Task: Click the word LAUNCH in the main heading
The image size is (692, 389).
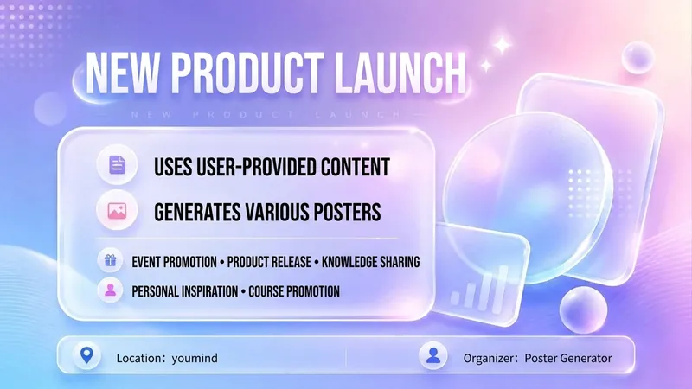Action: pyautogui.click(x=400, y=73)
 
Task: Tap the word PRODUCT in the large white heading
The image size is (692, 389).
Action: pyautogui.click(x=247, y=73)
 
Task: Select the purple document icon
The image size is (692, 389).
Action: pyautogui.click(x=118, y=165)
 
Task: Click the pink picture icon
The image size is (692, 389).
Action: pyautogui.click(x=117, y=211)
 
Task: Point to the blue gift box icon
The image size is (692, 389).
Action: pyautogui.click(x=111, y=261)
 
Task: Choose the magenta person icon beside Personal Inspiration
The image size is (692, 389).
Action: pyautogui.click(x=111, y=290)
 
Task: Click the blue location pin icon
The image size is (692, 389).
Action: pyautogui.click(x=87, y=355)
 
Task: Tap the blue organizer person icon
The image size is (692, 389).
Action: pyautogui.click(x=433, y=355)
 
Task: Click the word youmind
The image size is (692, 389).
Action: pyautogui.click(x=195, y=358)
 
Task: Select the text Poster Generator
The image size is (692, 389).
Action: pyautogui.click(x=568, y=358)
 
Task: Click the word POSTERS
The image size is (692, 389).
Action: pyautogui.click(x=347, y=212)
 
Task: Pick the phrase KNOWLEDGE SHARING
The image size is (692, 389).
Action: pyautogui.click(x=371, y=262)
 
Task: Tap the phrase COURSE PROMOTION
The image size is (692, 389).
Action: pyautogui.click(x=294, y=291)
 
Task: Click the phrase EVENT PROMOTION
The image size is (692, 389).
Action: pyautogui.click(x=175, y=262)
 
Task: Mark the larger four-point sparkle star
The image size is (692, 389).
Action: pyautogui.click(x=503, y=45)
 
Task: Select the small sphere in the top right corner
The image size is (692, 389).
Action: pyautogui.click(x=638, y=57)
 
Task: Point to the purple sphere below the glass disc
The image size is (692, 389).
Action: pyautogui.click(x=583, y=310)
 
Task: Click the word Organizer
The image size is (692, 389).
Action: pyautogui.click(x=490, y=358)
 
